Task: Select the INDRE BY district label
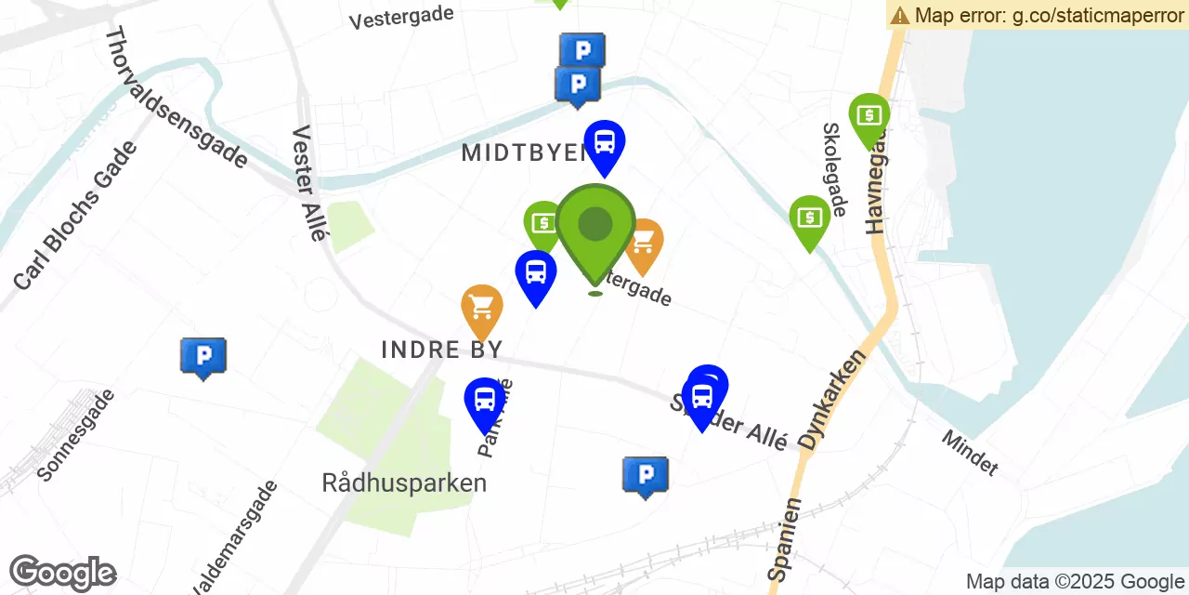pyautogui.click(x=441, y=350)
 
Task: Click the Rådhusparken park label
pyautogui.click(x=404, y=483)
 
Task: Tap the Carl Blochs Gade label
pyautogui.click(x=75, y=215)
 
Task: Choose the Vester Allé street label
pyautogui.click(x=308, y=183)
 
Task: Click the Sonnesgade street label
pyautogui.click(x=76, y=434)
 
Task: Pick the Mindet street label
pyautogui.click(x=970, y=453)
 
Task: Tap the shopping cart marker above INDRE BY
pyautogui.click(x=482, y=307)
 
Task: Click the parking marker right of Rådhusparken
pyautogui.click(x=645, y=475)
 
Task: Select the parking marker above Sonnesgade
pyautogui.click(x=203, y=356)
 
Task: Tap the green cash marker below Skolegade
pyautogui.click(x=809, y=218)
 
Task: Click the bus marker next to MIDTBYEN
pyautogui.click(x=605, y=143)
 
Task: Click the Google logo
pyautogui.click(x=62, y=573)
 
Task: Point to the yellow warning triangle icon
pyautogui.click(x=899, y=15)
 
